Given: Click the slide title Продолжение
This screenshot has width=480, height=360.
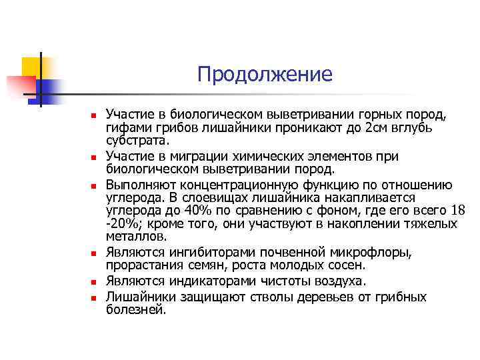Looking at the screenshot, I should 264,74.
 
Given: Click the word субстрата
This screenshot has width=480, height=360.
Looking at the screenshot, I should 137,141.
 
